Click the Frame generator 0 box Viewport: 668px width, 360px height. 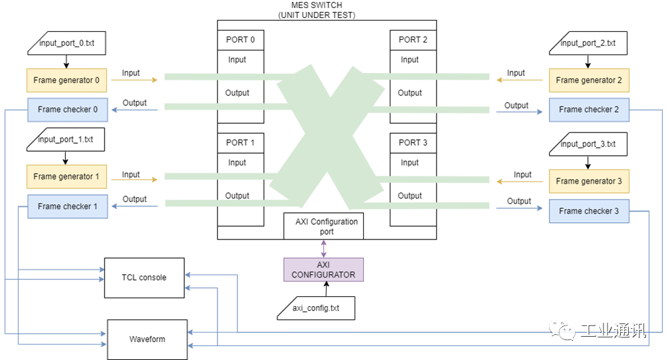67,81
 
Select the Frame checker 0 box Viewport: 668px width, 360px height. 67,110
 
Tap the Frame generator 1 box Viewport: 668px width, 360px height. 67,177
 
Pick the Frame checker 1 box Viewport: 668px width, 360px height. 67,206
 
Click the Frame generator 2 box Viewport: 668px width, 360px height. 589,81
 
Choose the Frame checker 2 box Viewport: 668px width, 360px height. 589,110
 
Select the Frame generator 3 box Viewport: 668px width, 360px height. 589,181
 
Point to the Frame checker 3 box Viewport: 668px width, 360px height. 589,211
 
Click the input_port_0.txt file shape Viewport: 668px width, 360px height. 67,44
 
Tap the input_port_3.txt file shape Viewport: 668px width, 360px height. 588,144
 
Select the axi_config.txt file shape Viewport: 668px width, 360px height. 316,308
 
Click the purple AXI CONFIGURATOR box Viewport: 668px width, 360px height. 323,270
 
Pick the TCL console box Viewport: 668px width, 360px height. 144,277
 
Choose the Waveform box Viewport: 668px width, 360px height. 147,339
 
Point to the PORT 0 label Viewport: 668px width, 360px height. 240,40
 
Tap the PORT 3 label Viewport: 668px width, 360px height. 413,143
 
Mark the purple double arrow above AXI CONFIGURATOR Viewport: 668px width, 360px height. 324,248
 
